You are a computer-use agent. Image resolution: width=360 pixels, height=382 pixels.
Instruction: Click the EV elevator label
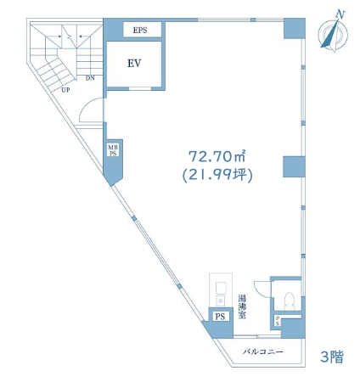pos(134,63)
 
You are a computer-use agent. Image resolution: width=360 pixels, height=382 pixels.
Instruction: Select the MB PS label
pos(113,150)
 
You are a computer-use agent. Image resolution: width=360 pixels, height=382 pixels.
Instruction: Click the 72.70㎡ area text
pos(217,156)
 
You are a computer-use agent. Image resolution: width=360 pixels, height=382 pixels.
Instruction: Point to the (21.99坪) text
pos(217,175)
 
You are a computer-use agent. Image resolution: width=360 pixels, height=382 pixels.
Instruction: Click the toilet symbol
pos(289,300)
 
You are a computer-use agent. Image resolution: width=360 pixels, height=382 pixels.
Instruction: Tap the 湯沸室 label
pos(242,306)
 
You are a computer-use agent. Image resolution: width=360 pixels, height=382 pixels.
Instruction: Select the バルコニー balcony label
pos(262,351)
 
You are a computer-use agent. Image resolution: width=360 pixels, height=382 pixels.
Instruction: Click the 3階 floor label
pos(332,357)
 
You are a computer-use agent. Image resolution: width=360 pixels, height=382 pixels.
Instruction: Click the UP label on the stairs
pos(65,90)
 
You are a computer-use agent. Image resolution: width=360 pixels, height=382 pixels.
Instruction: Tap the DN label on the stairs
pos(90,78)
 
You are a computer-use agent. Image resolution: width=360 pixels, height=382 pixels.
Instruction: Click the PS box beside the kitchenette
pos(220,316)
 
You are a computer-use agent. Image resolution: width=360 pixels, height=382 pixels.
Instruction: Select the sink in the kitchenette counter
pos(220,289)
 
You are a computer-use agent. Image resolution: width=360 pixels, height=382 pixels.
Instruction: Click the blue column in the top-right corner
pos(295,29)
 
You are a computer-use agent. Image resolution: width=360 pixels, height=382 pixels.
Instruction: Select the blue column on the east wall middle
pos(294,166)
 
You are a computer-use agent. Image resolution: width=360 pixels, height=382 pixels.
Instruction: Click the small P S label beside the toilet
pos(278,321)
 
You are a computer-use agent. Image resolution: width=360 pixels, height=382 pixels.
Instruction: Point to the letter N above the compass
pos(340,14)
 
